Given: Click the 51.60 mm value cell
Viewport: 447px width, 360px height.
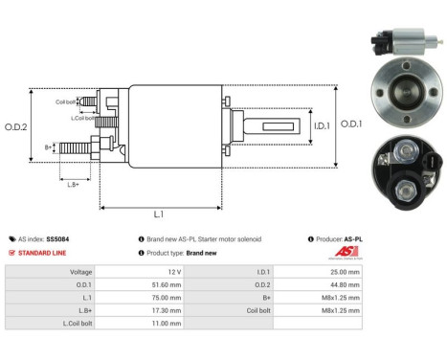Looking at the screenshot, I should (x=172, y=284).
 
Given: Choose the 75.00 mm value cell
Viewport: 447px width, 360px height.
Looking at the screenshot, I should (x=172, y=298).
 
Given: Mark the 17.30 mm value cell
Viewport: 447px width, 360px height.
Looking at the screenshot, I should (x=172, y=311).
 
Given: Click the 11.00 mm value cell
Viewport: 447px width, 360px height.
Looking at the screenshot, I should (x=172, y=325).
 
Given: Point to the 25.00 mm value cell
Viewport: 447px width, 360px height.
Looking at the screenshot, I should (x=343, y=271).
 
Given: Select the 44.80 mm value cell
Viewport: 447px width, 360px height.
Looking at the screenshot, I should (x=343, y=284).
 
